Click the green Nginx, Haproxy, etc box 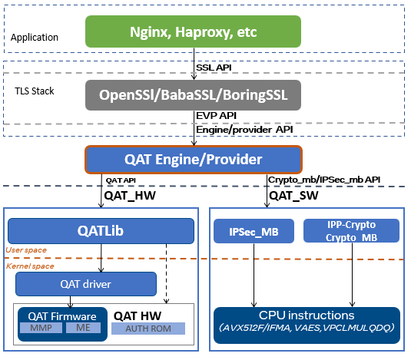[x=193, y=31]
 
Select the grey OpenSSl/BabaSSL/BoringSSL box [x=193, y=95]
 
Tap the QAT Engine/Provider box [x=194, y=160]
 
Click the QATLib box [x=101, y=231]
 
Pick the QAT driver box [x=86, y=284]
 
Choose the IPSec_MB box [x=254, y=231]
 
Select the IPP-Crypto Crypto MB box [x=351, y=231]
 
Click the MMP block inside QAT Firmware [x=41, y=328]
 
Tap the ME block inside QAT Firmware [x=83, y=328]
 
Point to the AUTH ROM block [x=148, y=329]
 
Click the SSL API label [x=214, y=68]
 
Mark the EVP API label [x=216, y=115]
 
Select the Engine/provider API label [x=244, y=130]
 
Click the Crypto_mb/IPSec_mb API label [x=324, y=180]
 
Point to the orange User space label [x=26, y=250]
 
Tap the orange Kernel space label [x=30, y=266]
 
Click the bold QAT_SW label [x=293, y=196]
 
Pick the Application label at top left [x=35, y=38]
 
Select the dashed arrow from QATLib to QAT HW [x=167, y=273]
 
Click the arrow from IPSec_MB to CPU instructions [x=254, y=275]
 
